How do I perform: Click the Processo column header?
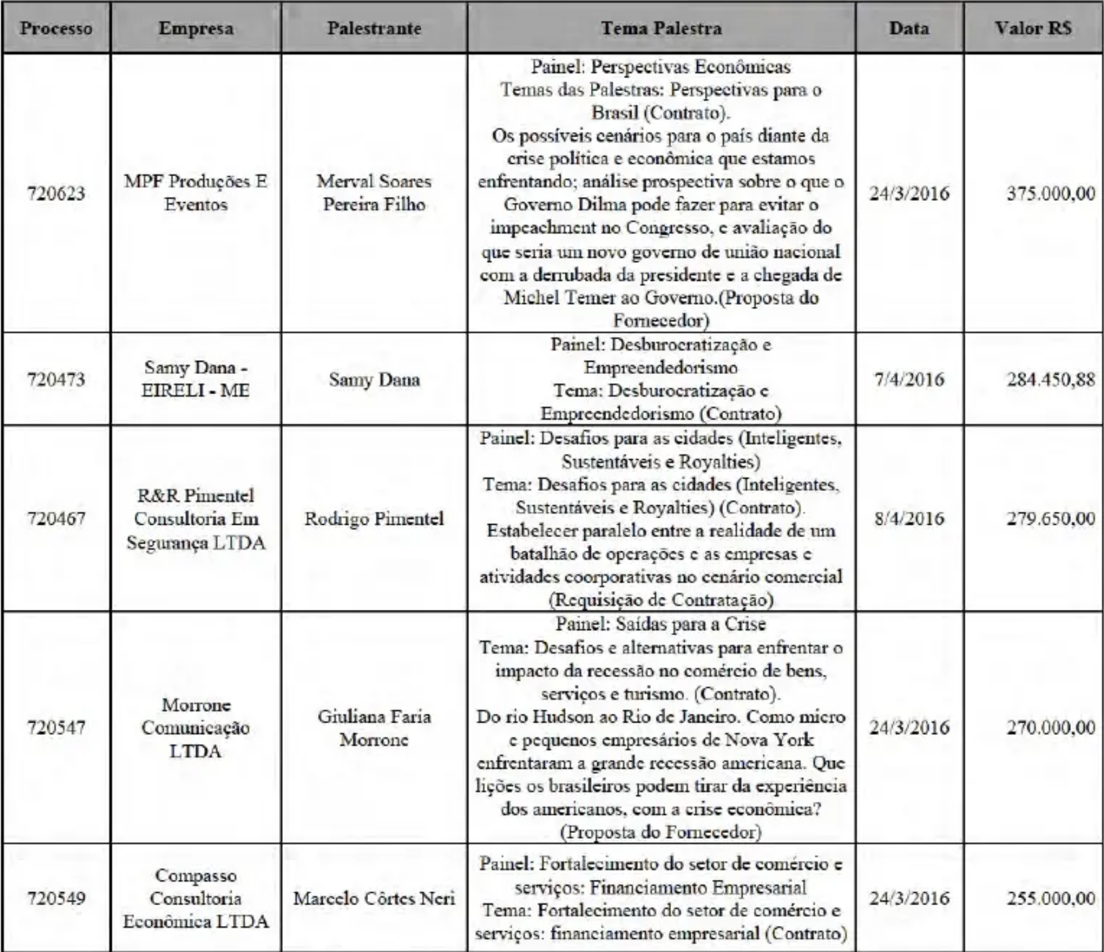[x=56, y=29]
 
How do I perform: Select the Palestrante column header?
[x=374, y=29]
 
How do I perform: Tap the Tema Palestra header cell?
[x=661, y=29]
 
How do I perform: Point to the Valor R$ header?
[x=1033, y=29]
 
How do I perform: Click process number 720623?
[x=56, y=193]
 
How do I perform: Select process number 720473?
[x=56, y=379]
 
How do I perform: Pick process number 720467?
[x=56, y=519]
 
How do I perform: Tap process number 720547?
[x=56, y=727]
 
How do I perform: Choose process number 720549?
[x=56, y=899]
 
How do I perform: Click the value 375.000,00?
[x=1051, y=193]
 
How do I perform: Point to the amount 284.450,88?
[x=1051, y=379]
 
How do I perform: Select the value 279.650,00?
[x=1051, y=519]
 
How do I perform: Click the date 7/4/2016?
[x=909, y=379]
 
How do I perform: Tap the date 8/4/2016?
[x=909, y=519]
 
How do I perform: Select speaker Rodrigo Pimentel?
[x=374, y=519]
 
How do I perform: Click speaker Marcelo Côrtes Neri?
[x=374, y=899]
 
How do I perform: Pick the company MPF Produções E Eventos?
[x=196, y=192]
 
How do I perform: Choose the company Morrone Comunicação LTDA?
[x=196, y=728]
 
